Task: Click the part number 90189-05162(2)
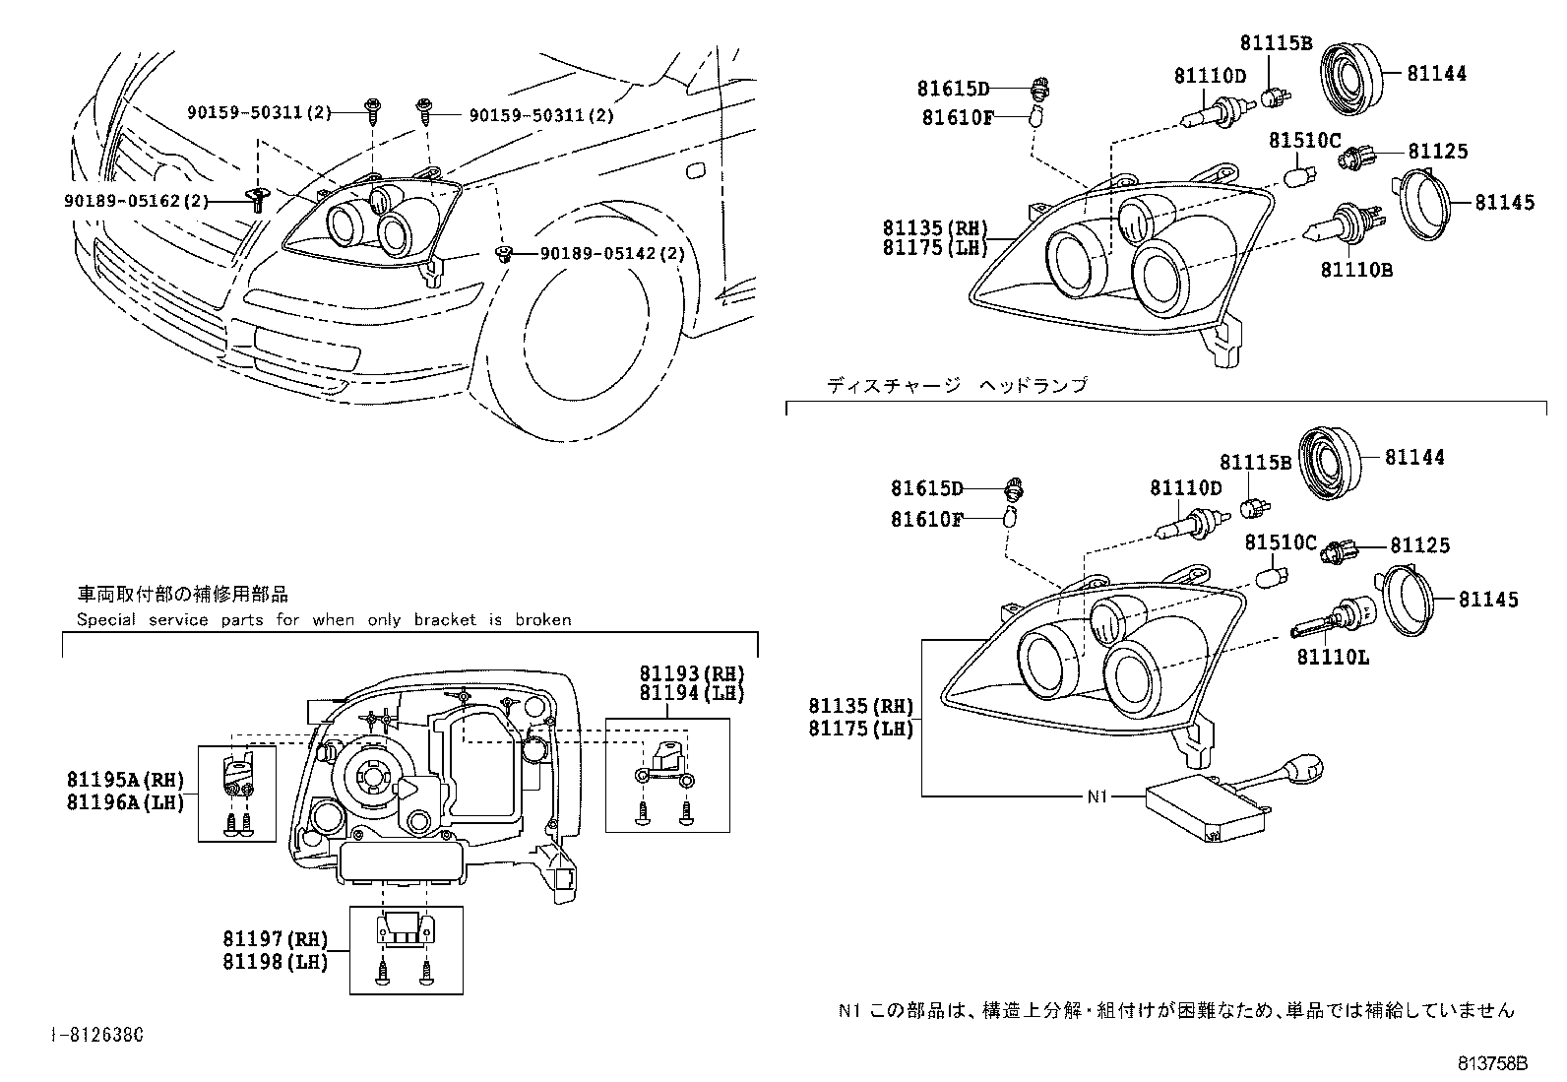coord(137,202)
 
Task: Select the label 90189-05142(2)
coord(612,253)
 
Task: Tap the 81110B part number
coord(1356,270)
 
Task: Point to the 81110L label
coord(1333,658)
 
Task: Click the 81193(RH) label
coord(692,673)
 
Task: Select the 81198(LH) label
coord(276,962)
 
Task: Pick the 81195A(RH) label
coord(126,780)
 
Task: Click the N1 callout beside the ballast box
coord(1097,796)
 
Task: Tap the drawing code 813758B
coord(1492,1064)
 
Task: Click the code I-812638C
coord(97,1035)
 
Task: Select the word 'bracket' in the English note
coord(445,620)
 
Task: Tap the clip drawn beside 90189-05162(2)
coord(258,200)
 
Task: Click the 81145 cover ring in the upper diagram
coord(1419,205)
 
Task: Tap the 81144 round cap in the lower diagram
coord(1330,464)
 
